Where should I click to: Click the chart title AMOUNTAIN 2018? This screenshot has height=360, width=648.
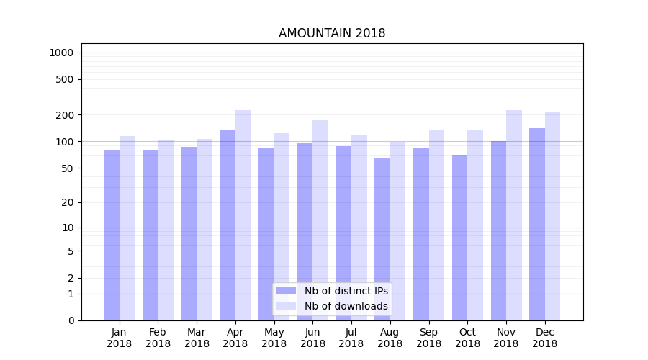[x=332, y=34]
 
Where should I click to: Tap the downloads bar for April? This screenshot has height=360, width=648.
[x=243, y=215]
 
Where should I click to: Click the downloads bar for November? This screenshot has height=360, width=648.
[x=513, y=215]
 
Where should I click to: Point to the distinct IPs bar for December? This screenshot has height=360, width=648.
[x=537, y=224]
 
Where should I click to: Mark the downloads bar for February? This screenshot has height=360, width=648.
[x=166, y=230]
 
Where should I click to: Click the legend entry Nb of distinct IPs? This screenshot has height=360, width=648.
[x=346, y=291]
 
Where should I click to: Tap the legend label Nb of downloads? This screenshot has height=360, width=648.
[x=346, y=306]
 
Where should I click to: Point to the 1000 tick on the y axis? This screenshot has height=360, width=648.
[x=61, y=53]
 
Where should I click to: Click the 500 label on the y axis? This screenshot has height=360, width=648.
[x=64, y=79]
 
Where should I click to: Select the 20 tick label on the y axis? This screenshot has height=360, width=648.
[x=67, y=202]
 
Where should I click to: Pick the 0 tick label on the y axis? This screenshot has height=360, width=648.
[x=70, y=320]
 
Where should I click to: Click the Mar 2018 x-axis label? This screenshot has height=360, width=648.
[x=197, y=338]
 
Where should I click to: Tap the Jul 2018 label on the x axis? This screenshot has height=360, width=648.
[x=351, y=338]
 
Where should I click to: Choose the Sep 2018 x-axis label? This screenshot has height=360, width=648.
[x=428, y=338]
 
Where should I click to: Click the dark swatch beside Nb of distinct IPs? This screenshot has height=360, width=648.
[x=286, y=291]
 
